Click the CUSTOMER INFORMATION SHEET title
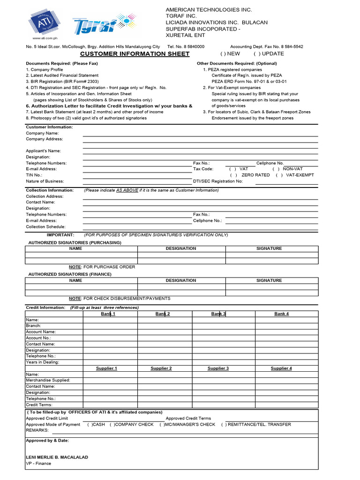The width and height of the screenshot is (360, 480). (x=135, y=54)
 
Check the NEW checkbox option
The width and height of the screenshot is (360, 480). (x=223, y=54)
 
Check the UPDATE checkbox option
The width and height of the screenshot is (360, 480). (x=257, y=54)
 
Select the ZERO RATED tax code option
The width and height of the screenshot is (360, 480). (x=233, y=175)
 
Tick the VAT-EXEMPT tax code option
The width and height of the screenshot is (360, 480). (x=279, y=175)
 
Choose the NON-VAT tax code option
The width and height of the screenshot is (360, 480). (x=276, y=169)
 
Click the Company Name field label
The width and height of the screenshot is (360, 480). (x=42, y=133)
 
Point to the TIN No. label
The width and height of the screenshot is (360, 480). (x=34, y=175)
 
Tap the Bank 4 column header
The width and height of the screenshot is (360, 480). (x=281, y=314)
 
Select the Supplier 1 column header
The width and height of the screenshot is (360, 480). (x=106, y=368)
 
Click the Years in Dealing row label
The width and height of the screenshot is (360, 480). (x=43, y=362)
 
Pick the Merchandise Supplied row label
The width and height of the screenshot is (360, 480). (x=48, y=380)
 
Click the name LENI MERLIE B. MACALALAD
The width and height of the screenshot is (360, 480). (x=57, y=457)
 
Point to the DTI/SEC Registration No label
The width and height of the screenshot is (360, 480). (x=218, y=181)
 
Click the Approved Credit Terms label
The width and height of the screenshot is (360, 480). (x=188, y=418)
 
